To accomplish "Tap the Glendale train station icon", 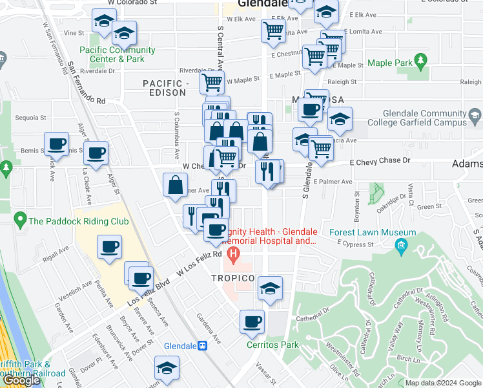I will coord(203,345).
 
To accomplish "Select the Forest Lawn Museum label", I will coord(373,232).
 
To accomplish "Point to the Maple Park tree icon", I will coord(422,62).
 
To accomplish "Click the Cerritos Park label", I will coord(272,345).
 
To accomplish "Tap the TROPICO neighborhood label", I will coord(232,278).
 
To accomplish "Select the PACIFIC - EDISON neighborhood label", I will coord(166,89).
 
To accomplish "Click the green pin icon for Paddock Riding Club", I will coord(21,221).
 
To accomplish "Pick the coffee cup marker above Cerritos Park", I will coord(252,321).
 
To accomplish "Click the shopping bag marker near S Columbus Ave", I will coord(175,185).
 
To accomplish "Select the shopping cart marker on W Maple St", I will coord(212,82).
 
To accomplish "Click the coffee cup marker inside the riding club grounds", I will coord(109,246).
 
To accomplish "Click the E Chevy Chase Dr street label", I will coord(380,161).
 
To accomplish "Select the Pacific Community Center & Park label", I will coord(118,54).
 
